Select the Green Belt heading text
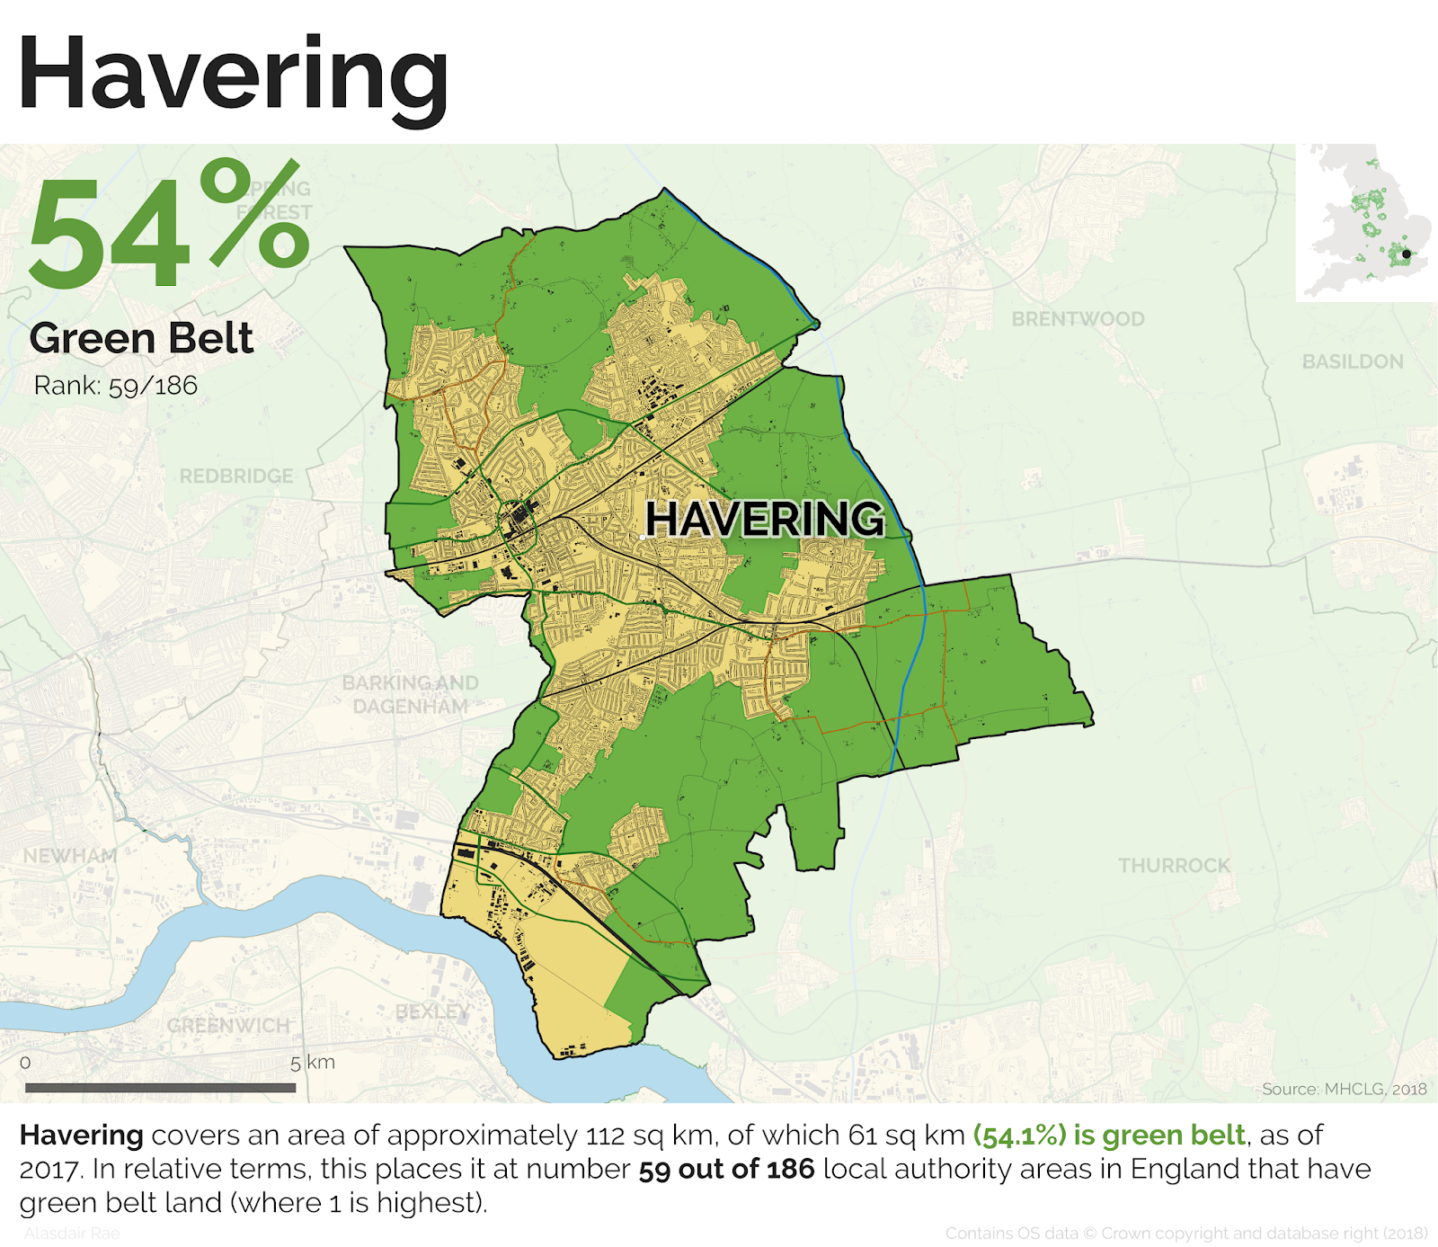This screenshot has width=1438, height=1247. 141,339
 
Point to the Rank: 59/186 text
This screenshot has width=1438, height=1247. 115,386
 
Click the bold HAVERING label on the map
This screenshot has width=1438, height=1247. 764,519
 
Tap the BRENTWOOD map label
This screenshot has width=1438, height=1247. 1078,319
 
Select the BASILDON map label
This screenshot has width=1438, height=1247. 1352,361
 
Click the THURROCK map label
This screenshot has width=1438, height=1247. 1174,865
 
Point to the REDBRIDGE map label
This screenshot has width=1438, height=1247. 236,476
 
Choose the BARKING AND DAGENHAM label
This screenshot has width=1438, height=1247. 410,694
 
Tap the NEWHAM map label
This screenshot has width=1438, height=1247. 70,856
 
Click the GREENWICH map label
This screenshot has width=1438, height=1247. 228,1026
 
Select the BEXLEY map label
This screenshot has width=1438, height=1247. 432,1012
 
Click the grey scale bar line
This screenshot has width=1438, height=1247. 160,1087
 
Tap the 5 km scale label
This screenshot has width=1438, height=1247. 312,1063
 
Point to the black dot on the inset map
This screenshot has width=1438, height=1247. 1407,254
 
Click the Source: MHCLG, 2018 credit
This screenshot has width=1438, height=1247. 1343,1089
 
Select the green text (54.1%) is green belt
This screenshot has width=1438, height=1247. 1109,1136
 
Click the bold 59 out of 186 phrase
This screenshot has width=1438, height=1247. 726,1169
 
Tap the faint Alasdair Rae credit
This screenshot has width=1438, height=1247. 72,1234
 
